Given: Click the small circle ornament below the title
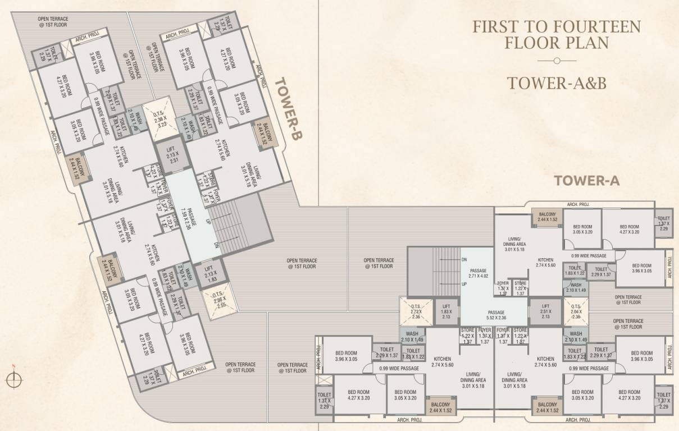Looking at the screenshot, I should pyautogui.click(x=556, y=60).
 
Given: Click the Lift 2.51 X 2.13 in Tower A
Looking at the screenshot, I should pyautogui.click(x=545, y=313).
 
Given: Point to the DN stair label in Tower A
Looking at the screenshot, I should pyautogui.click(x=464, y=260).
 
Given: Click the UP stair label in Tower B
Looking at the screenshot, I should pyautogui.click(x=208, y=221).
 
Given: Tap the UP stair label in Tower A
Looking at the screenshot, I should pyautogui.click(x=464, y=284).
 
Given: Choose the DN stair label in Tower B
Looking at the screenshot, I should pyautogui.click(x=216, y=245).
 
